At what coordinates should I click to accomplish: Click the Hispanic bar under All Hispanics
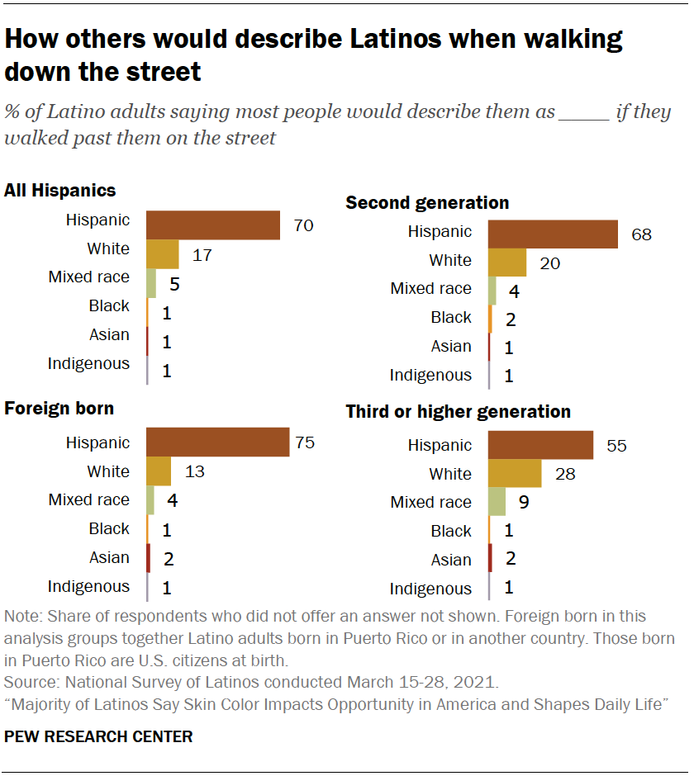coord(213,225)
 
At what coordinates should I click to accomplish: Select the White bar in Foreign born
coord(159,471)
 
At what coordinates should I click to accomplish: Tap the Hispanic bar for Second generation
coord(553,234)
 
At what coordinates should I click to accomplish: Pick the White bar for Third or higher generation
coord(515,474)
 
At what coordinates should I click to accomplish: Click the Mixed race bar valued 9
coord(497,502)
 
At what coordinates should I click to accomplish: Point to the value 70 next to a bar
coord(303,225)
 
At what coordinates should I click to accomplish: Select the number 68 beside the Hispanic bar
coord(641,234)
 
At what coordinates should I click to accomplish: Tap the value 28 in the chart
coord(564,475)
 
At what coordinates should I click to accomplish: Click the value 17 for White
coord(202,255)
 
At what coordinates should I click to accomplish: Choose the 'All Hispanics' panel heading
coord(60,191)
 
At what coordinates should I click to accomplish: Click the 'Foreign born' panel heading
coord(59,409)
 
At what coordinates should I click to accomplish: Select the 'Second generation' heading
coord(427,202)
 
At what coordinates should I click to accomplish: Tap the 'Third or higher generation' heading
coord(458,411)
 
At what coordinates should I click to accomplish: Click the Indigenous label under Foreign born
coord(88,587)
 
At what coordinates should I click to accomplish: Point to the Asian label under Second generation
coord(451,346)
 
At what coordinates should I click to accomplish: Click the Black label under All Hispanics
coord(109,306)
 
